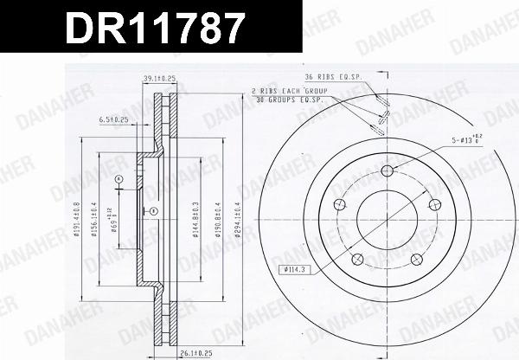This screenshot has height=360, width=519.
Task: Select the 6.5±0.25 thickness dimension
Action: [115, 119]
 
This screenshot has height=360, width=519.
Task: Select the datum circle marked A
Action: [119, 179]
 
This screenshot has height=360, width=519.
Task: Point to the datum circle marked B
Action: [152, 211]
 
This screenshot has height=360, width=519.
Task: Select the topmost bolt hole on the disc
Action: [387, 169]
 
